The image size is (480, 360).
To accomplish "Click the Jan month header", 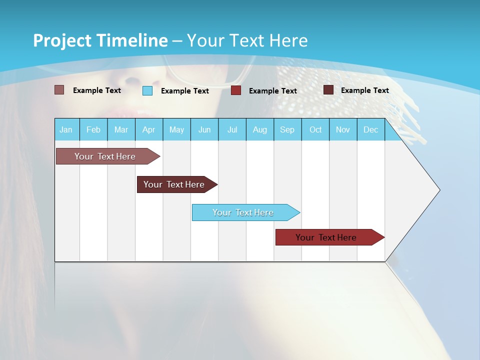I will point(66,129).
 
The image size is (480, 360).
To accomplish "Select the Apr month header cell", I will point(149,129).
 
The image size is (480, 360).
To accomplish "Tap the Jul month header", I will point(232,129).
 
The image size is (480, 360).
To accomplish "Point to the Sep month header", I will point(287,129).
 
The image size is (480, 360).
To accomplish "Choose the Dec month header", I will point(370,129).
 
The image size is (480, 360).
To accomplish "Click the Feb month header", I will point(93,129).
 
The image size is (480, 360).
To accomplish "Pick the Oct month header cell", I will point(315,129).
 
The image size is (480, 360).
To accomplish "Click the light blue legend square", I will point(147,90).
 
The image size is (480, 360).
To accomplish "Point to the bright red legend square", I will point(236,90).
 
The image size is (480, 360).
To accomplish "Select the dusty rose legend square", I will point(59,90).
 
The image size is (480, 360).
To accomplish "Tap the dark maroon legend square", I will point(328,90).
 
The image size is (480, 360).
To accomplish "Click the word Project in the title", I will point(62,40).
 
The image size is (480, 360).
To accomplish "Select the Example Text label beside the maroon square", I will point(364,90).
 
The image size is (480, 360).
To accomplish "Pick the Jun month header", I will point(204,129).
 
